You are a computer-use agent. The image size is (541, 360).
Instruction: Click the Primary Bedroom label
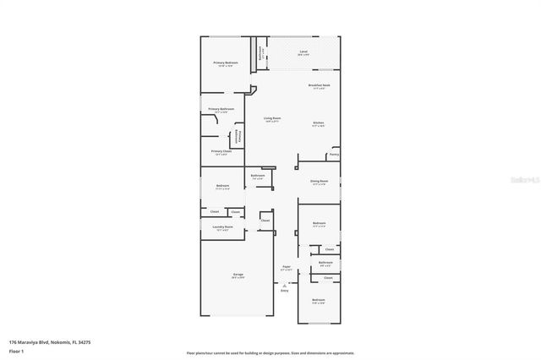[x=226, y=63]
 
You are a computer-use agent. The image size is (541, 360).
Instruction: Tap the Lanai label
[x=303, y=52]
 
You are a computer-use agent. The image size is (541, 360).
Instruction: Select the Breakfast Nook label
[x=319, y=85]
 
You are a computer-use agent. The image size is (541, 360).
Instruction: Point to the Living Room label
[x=272, y=118]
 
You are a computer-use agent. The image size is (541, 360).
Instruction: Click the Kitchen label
[x=319, y=123]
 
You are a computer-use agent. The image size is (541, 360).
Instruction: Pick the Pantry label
[x=334, y=155]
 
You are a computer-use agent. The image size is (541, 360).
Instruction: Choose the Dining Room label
[x=319, y=182]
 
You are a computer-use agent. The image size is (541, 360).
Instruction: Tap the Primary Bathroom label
[x=221, y=109]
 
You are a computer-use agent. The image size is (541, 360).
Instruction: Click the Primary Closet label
[x=221, y=152]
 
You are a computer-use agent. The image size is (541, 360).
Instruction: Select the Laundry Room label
[x=223, y=227]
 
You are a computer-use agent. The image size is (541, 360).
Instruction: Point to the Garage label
[x=238, y=275]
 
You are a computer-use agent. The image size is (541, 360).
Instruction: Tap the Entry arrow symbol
[x=285, y=284]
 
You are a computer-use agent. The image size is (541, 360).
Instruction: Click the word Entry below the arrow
[x=285, y=291]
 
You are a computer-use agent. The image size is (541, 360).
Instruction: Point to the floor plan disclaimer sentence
[x=270, y=352]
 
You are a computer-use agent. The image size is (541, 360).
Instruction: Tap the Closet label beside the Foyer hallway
[x=265, y=220]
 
